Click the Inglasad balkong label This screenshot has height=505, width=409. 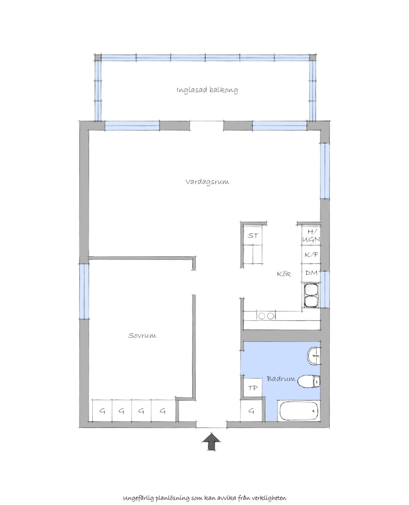click(207, 90)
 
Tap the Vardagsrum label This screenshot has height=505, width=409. click(207, 182)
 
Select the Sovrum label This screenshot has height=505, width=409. click(142, 335)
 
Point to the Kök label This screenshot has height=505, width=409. click(284, 274)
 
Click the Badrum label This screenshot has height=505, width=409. click(281, 378)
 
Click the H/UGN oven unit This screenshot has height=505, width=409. click(311, 235)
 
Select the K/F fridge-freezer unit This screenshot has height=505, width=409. click(311, 255)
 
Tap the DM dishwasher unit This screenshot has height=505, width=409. click(311, 273)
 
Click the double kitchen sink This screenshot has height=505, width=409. click(311, 295)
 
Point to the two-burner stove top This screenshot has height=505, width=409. click(266, 316)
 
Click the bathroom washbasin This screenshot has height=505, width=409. click(314, 356)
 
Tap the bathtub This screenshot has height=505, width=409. click(299, 411)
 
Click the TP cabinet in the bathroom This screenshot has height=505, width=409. click(253, 388)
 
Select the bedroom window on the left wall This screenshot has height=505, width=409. click(84, 292)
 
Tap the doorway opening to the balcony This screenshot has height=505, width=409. click(207, 126)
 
